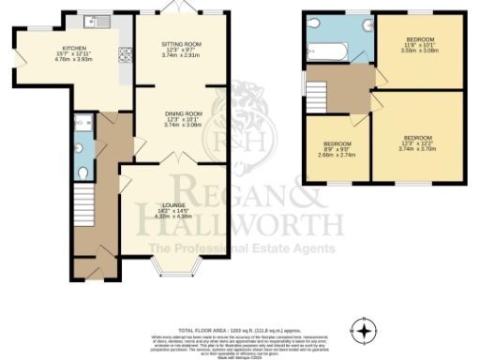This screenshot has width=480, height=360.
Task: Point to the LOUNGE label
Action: (x=172, y=204)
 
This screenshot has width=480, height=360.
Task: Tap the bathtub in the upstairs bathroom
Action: (x=328, y=47)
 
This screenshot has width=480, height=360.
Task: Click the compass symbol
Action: (x=364, y=329)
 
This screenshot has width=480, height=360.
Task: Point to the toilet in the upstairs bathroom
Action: (x=313, y=25)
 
